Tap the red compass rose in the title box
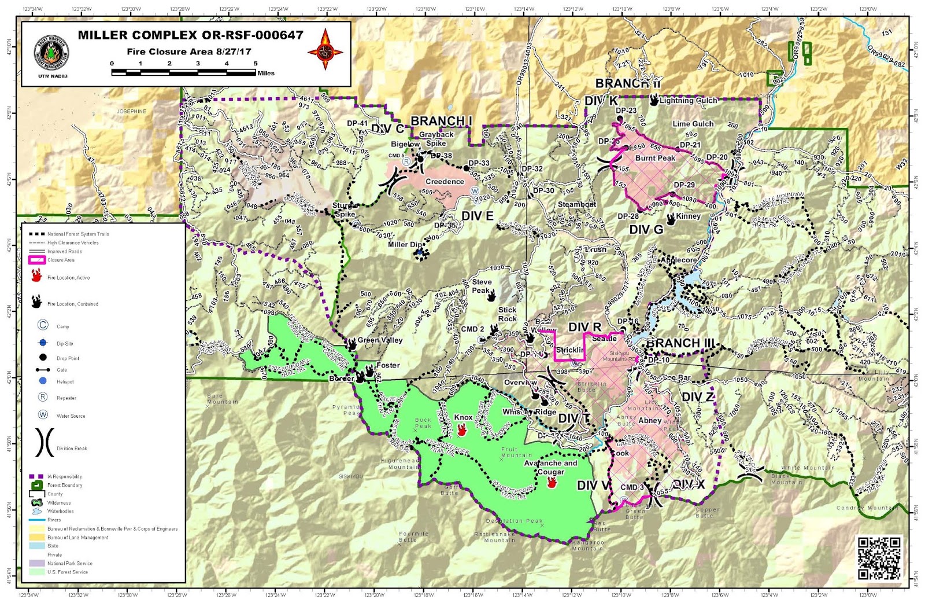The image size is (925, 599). tap(325, 50)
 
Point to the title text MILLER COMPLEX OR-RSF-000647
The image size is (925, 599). tap(190, 35)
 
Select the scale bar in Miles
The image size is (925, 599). tap(184, 72)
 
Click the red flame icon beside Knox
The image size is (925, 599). tap(462, 429)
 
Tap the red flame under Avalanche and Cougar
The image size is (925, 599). tap(552, 482)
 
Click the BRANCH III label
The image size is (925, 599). tap(680, 343)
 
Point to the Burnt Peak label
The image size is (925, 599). tap(655, 158)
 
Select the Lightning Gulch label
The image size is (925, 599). tap(688, 100)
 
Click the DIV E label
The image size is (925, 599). tap(477, 216)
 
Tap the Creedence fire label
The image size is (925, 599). tap(445, 182)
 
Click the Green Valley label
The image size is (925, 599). tap(380, 340)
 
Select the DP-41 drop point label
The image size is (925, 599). tap(357, 123)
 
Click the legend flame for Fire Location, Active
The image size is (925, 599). tap(36, 276)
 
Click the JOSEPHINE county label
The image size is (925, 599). tap(131, 111)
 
